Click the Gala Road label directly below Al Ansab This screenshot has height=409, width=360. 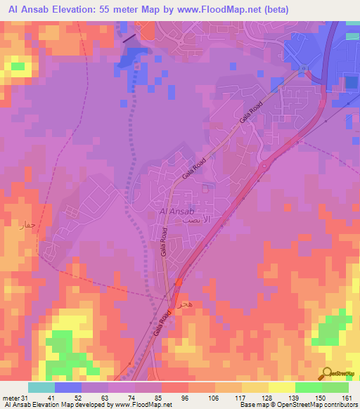[x=162, y=246]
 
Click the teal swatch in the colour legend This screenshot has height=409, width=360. [x=41, y=388]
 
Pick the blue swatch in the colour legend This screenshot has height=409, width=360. [x=68, y=388]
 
